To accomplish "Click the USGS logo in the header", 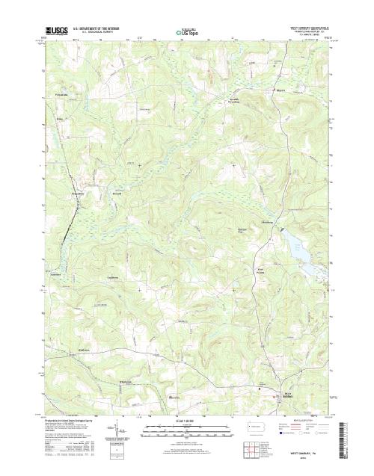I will point(55,33).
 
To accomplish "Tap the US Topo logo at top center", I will point(187,34).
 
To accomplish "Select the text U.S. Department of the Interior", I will point(96,31).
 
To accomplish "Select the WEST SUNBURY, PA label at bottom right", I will point(304,452).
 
